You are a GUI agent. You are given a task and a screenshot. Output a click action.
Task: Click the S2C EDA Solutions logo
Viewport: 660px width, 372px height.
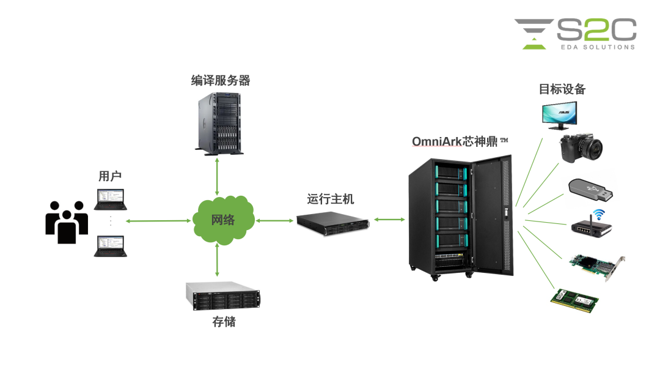coord(575,34)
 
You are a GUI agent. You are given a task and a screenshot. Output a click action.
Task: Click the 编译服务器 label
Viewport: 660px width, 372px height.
coord(220,81)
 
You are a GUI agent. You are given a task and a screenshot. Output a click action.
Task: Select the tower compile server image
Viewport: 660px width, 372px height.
coord(219,122)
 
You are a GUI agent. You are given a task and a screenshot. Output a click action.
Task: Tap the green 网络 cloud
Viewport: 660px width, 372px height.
coord(223,220)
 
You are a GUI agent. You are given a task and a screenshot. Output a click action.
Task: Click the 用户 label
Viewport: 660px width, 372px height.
coord(110,176)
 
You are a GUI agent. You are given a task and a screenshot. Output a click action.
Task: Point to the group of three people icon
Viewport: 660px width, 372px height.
coord(67,221)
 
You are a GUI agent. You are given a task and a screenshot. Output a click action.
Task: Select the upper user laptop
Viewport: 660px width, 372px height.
coord(110,199)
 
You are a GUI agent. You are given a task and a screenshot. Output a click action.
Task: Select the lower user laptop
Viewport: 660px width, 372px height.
coord(110,246)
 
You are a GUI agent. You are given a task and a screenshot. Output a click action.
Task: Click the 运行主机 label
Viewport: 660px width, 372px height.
coord(330,199)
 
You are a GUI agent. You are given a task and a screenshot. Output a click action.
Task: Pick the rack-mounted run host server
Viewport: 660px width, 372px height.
coord(334,224)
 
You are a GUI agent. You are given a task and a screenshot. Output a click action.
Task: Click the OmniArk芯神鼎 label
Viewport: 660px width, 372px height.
coord(455,142)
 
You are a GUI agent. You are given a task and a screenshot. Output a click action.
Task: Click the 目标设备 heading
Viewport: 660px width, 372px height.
coord(562,89)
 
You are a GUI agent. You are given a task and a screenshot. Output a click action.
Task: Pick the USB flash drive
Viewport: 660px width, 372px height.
coord(590,191)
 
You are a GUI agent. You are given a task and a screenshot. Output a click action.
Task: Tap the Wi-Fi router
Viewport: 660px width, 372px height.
coord(593,225)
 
